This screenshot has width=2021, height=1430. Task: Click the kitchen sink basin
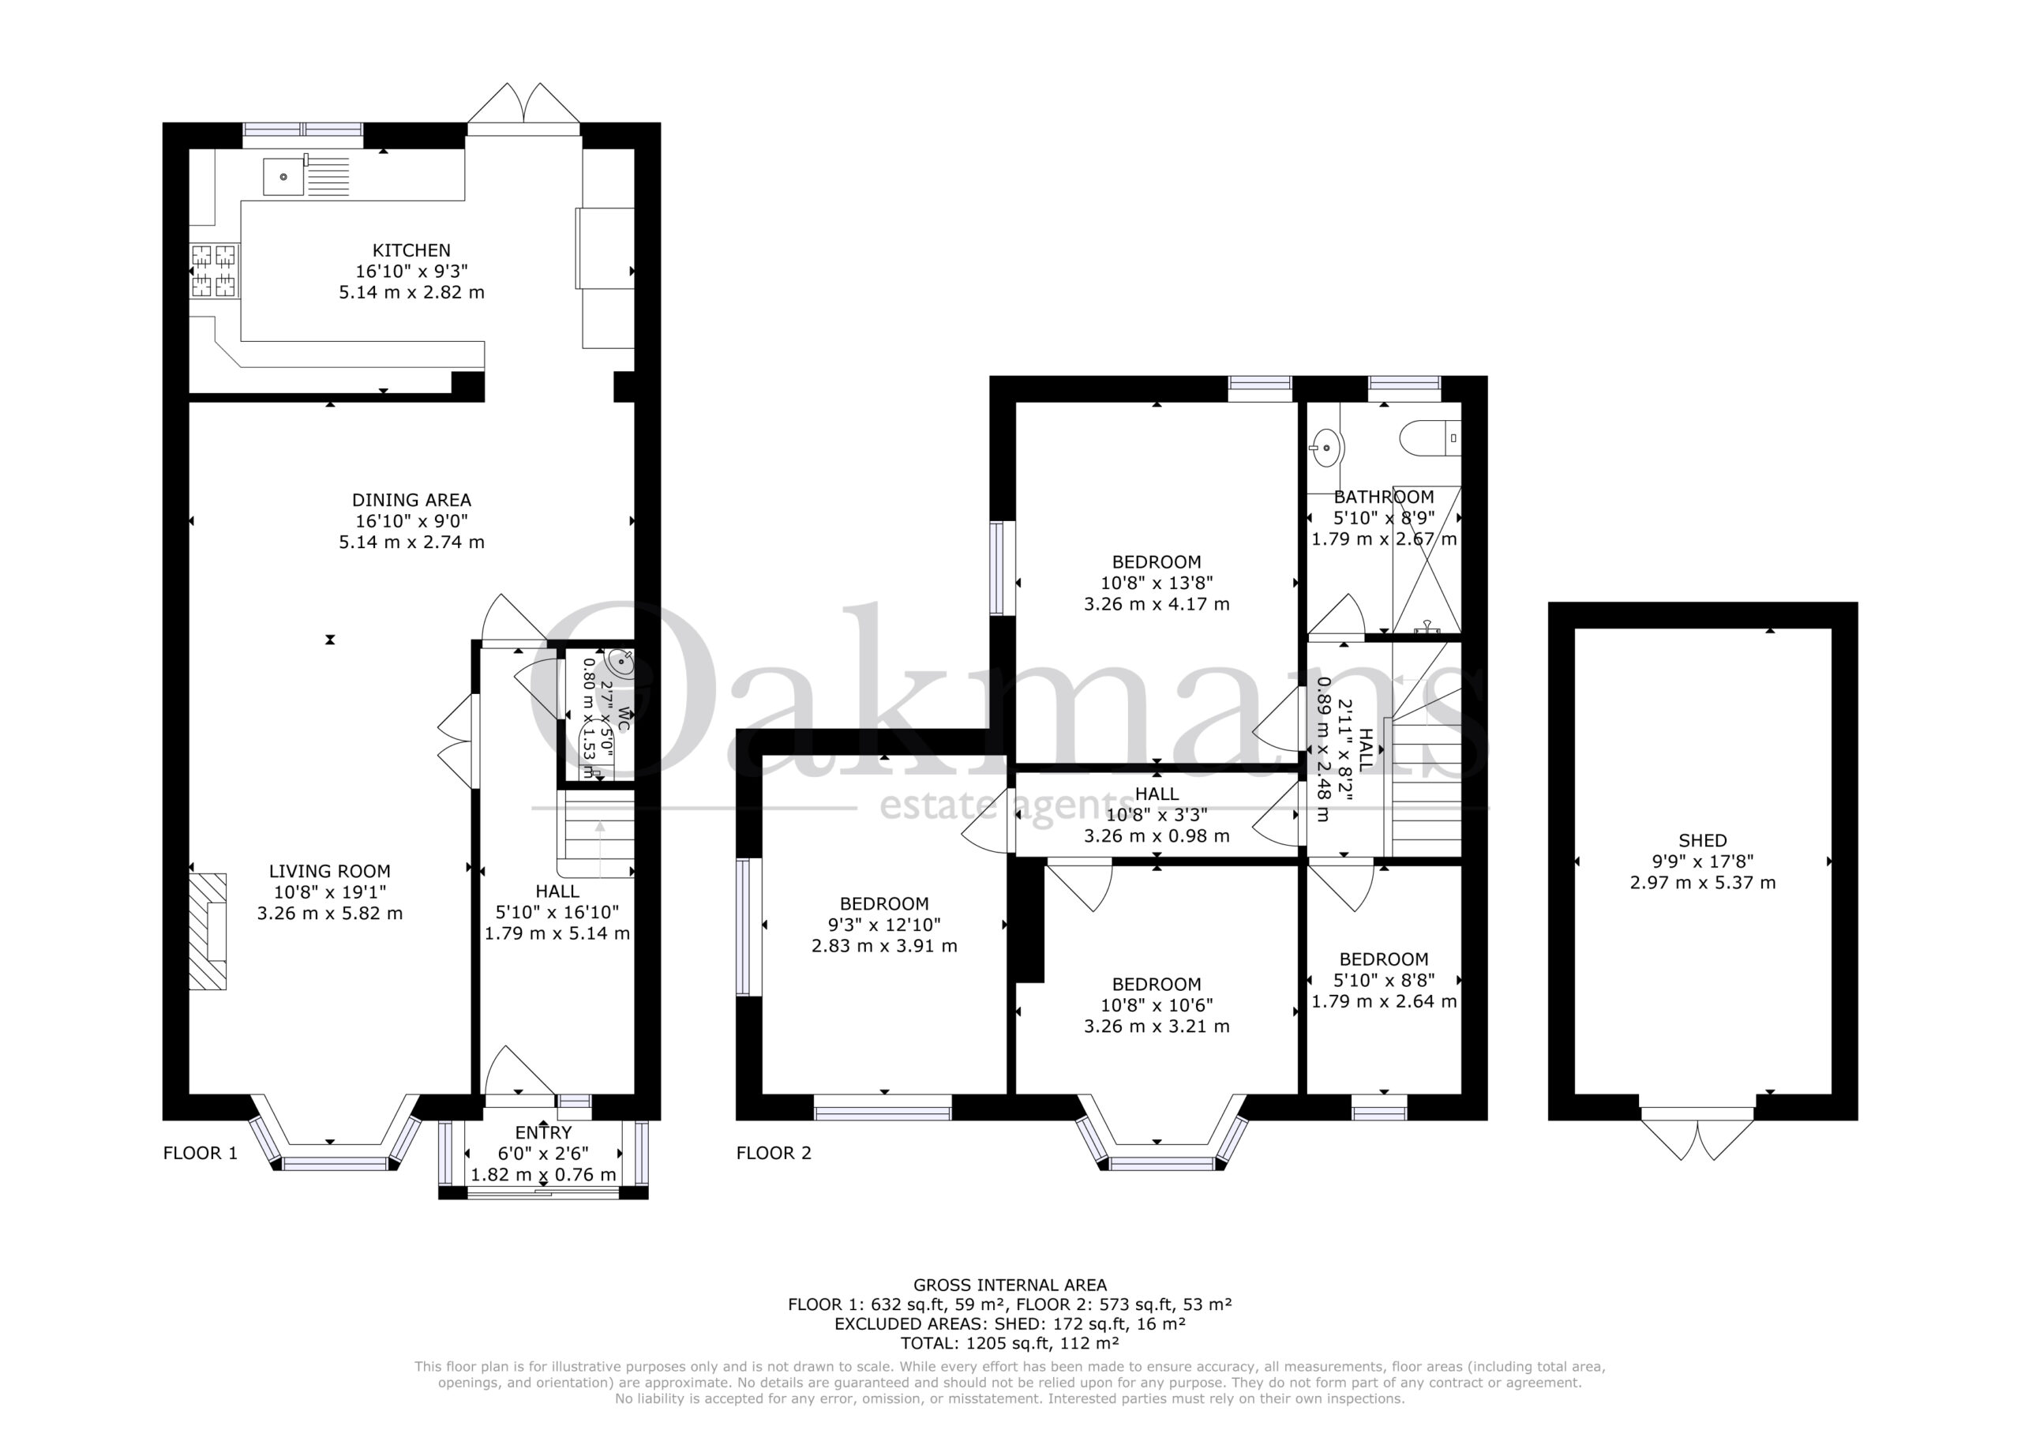coord(283,177)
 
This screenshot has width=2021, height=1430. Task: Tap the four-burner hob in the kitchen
coord(214,271)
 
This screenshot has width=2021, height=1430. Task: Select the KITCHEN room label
coord(411,251)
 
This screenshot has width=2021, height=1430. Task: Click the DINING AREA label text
coord(411,500)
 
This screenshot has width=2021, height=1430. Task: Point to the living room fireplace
coord(208,931)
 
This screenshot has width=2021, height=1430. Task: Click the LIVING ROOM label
coord(329,871)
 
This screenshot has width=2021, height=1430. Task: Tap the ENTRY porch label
coord(543,1132)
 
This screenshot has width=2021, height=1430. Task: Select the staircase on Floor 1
coord(596,833)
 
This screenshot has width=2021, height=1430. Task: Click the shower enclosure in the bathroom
coord(1426,559)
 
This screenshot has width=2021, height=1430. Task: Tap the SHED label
coord(1702,841)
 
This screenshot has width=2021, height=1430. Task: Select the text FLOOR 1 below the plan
coord(201,1154)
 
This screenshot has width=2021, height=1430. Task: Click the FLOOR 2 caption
coord(774,1154)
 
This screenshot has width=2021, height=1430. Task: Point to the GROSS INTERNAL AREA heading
coord(1010,1285)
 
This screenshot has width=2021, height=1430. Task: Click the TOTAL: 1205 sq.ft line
coord(1010,1343)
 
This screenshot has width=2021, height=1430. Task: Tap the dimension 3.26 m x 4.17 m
coord(1157,604)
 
